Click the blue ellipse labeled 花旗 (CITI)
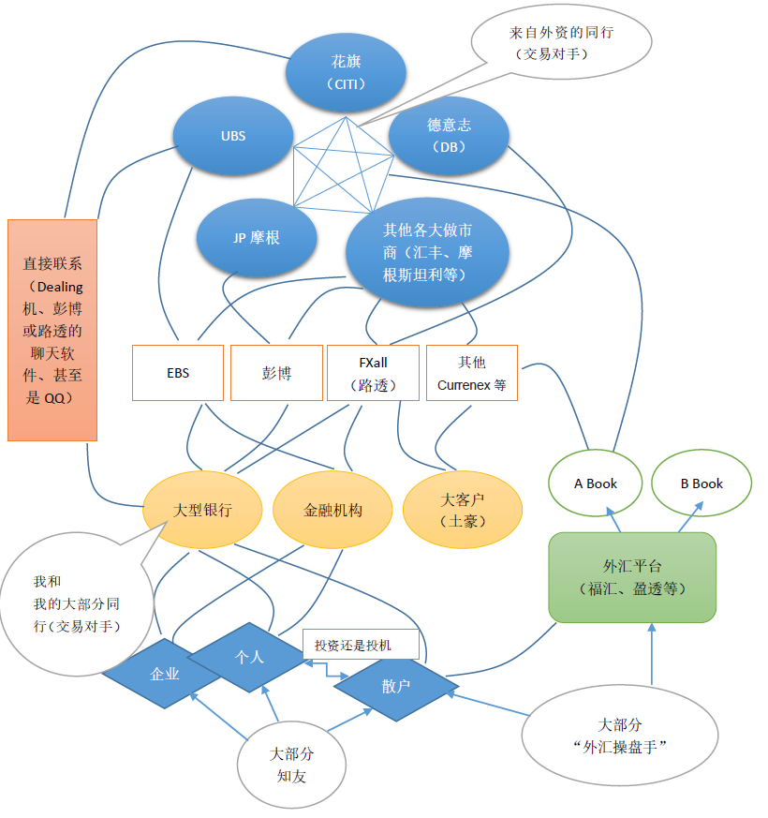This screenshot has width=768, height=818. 346,72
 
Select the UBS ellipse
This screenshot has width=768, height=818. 233,136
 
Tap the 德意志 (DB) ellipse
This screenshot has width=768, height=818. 449,136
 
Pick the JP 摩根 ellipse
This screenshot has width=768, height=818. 257,238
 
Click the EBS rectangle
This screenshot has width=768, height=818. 178,373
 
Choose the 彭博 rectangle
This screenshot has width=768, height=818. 276,373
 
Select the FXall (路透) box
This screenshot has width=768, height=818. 374,373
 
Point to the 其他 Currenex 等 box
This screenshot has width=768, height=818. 472,373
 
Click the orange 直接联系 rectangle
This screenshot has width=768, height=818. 52,330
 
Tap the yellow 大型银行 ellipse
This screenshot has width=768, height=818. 202,510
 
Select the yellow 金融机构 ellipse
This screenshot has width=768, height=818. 332,510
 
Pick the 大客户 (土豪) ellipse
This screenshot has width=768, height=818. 463,510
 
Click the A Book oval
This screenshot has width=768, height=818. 596,483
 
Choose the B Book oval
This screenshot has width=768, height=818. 702,483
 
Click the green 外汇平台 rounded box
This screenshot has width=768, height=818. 632,577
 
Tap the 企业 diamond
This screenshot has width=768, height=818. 165,674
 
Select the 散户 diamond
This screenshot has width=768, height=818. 396,686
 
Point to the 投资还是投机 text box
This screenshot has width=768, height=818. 361,645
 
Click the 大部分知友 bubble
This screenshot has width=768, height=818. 291,766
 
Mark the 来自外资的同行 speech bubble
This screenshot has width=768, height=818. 562,43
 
